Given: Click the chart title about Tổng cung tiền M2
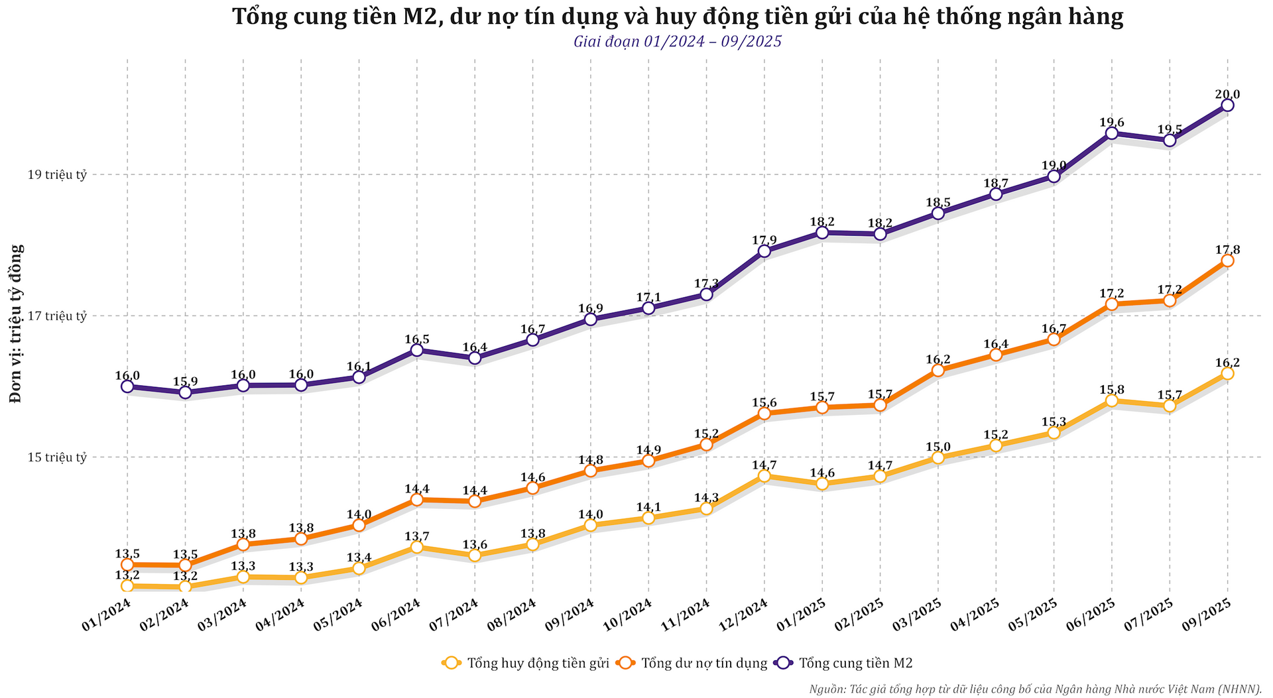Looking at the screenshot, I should pos(677,18).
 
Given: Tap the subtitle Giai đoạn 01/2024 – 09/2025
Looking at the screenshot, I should pos(677,42).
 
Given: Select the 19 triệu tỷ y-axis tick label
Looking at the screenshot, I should pos(57,175).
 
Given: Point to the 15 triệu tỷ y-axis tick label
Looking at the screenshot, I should pos(57,457).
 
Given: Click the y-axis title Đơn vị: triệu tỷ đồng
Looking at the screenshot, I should pos(17,323).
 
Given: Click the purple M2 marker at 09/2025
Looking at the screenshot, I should pos(1227,105).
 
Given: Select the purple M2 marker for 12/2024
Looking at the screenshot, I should pos(764,251).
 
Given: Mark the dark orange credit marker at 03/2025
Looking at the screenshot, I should pos(938,371).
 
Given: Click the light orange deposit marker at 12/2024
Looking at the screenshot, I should pos(764,476).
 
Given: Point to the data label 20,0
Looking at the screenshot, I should pos(1227,94).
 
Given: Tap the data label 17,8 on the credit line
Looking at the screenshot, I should pos(1227,250).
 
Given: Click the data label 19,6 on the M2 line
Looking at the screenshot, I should pos(1112,123).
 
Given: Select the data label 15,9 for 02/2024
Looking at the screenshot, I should pos(185,382).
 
